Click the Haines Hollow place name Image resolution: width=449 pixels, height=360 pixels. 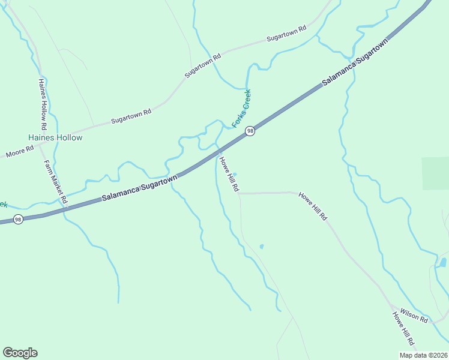(59, 137)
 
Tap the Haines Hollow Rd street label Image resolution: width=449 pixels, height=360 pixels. (42, 104)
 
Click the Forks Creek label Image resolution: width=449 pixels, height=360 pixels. (241, 108)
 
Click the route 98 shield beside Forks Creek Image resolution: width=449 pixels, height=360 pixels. (250, 131)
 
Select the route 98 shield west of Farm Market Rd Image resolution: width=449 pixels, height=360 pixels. (18, 220)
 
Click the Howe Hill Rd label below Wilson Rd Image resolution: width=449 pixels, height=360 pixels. (403, 329)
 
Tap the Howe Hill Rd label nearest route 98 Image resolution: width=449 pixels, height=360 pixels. (229, 175)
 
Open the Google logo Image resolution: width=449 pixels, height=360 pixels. (20, 353)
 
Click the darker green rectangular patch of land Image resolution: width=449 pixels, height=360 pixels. (435, 173)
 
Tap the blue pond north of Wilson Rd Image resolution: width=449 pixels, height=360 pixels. (443, 262)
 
